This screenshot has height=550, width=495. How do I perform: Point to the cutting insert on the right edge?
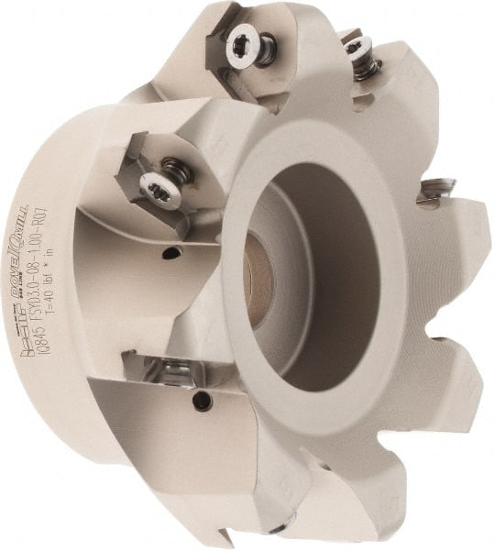(x=435, y=190)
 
